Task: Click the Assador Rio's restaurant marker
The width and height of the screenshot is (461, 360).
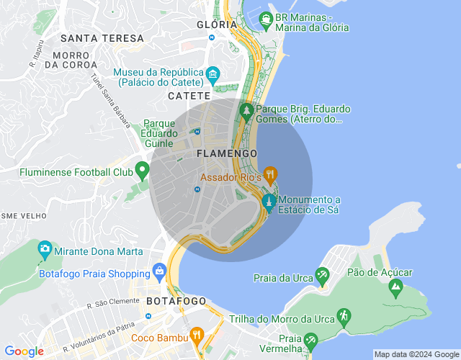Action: pos(270,174)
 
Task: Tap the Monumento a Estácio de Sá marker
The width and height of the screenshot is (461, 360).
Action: pos(269,202)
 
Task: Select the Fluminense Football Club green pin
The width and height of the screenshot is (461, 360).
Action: pos(142,171)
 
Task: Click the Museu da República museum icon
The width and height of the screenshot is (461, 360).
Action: pos(212,74)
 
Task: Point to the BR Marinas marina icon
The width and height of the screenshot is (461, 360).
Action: pos(267,19)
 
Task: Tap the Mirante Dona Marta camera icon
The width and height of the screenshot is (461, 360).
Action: pos(45,250)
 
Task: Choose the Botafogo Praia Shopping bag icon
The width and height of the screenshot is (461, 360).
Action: pos(160,271)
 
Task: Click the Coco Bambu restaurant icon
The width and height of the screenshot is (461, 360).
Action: pos(196,336)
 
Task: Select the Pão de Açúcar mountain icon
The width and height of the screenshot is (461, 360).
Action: pos(395,287)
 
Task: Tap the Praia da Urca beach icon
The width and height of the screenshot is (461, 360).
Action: pos(321,276)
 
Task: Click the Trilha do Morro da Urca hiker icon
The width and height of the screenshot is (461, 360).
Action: pos(344,315)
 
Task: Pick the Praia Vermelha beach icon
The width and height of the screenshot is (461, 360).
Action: pos(310,339)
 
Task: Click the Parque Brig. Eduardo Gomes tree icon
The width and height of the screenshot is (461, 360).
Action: pos(246,110)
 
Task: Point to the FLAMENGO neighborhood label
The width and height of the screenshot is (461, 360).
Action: pos(226,154)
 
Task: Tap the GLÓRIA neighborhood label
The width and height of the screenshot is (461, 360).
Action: pos(217,24)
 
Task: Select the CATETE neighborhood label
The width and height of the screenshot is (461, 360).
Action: pos(189,95)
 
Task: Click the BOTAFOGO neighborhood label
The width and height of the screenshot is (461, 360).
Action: pos(176,300)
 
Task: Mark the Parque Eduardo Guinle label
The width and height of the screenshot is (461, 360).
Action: pos(160,133)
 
